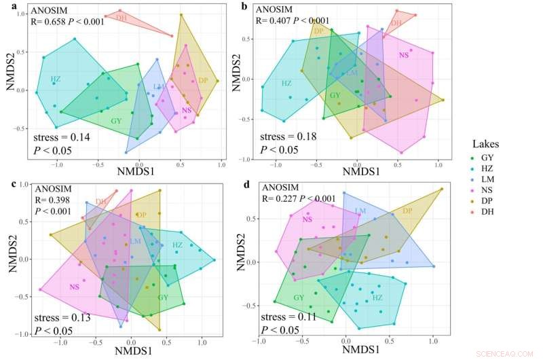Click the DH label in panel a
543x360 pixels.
[x=121, y=17]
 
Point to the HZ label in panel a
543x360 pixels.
[x=56, y=79]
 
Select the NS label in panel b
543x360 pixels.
[x=404, y=55]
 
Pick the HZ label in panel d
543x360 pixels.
[x=377, y=298]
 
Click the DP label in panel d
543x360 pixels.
[x=407, y=211]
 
